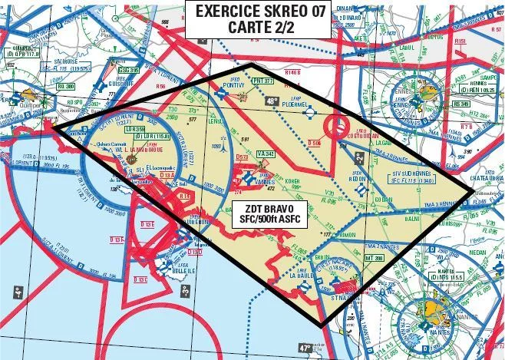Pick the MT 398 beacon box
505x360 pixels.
374,258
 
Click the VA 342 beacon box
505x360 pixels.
266,154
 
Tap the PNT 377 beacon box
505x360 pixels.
262,80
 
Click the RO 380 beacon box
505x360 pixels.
66,88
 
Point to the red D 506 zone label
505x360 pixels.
315,143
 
